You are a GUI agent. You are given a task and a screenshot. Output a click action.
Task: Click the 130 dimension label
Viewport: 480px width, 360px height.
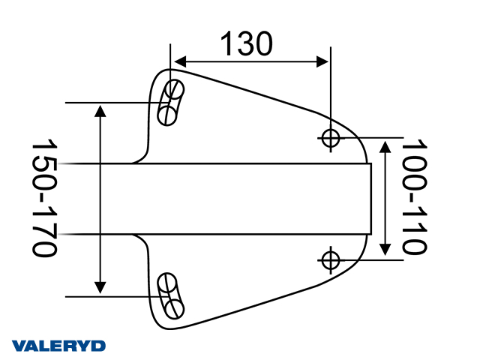click(245, 44)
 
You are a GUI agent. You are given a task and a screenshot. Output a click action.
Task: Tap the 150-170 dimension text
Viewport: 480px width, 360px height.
click(45, 198)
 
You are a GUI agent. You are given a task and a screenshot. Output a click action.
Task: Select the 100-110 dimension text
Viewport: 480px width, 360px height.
click(414, 196)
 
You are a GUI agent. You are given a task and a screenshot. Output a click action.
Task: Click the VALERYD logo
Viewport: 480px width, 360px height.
click(59, 346)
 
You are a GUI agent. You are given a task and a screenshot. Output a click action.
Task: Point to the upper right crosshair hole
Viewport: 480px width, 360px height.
click(331, 137)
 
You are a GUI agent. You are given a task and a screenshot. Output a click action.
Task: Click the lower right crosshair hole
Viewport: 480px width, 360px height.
click(331, 259)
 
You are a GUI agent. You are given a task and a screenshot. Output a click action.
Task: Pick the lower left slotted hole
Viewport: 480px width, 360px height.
click(171, 295)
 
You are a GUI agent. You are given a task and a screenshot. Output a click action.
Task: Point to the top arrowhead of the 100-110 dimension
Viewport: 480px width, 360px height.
click(385, 147)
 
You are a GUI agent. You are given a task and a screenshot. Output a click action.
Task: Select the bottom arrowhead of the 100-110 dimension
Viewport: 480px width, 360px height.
click(385, 249)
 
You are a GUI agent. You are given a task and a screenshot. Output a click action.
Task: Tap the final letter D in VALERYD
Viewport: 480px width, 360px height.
click(99, 346)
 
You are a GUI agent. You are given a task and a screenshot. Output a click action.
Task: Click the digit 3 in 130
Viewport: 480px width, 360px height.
click(245, 44)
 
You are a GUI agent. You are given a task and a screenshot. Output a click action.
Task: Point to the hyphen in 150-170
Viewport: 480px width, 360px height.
click(45, 198)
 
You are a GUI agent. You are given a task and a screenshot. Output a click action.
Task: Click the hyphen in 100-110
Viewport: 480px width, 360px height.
click(414, 196)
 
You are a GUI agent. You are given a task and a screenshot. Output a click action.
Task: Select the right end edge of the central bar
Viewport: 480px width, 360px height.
click(371, 199)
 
